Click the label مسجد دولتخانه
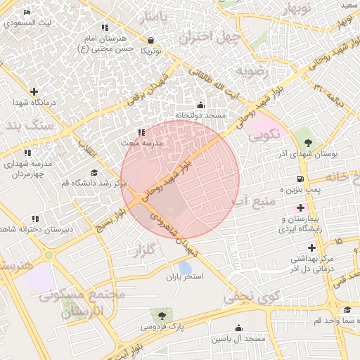tap(200, 115)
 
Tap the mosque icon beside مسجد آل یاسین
tap(238, 328)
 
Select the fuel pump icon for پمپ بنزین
tap(301, 179)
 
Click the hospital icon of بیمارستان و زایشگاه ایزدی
tap(301, 208)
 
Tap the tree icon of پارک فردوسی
tap(162, 316)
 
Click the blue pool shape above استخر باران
tap(184, 268)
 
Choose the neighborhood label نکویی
tap(265, 132)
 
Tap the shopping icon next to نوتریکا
tap(151, 40)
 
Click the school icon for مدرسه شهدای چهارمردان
tap(27, 153)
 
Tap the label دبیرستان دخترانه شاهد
tap(30, 230)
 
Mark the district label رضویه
tap(252, 71)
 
